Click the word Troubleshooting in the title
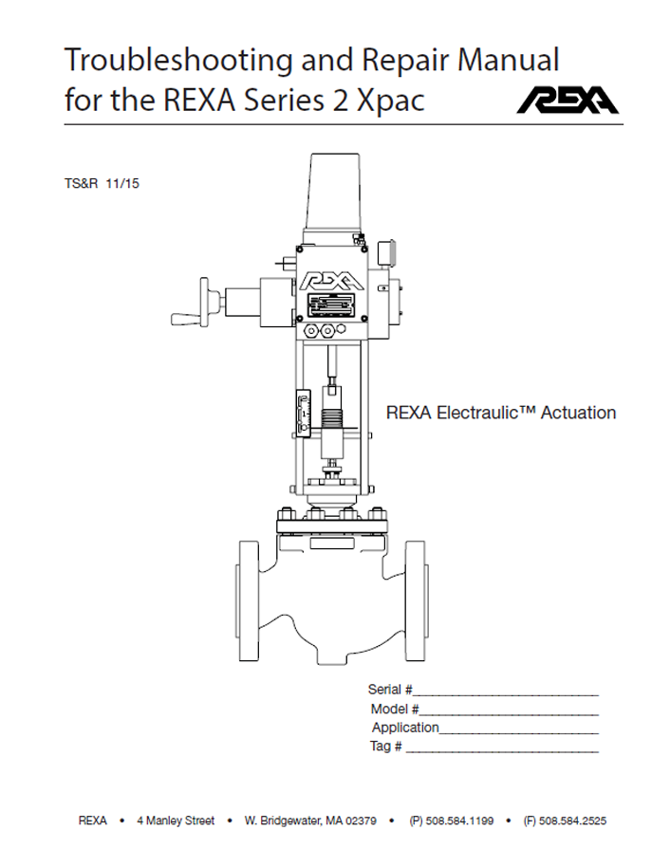(179, 61)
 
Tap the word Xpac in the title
(391, 101)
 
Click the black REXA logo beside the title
(568, 101)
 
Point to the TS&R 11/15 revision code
(102, 184)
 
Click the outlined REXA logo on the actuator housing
(332, 282)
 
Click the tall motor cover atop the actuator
(334, 192)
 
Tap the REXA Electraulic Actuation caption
(501, 413)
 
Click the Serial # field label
(390, 690)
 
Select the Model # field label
(395, 709)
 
